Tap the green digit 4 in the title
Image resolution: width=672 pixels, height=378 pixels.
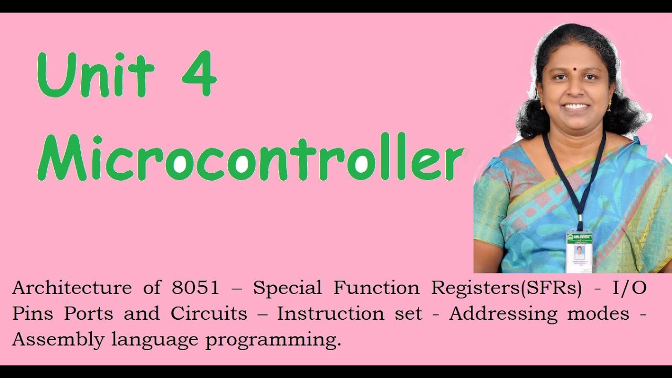click(199, 75)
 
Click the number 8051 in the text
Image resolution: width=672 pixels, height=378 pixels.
click(195, 288)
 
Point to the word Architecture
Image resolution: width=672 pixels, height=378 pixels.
click(72, 288)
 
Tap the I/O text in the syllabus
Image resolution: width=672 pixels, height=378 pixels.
click(629, 288)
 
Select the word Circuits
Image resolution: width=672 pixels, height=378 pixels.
click(208, 313)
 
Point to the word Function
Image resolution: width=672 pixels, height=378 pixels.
click(376, 288)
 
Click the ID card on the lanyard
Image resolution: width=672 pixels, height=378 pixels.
click(579, 251)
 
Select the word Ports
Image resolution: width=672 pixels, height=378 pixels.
click(88, 313)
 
